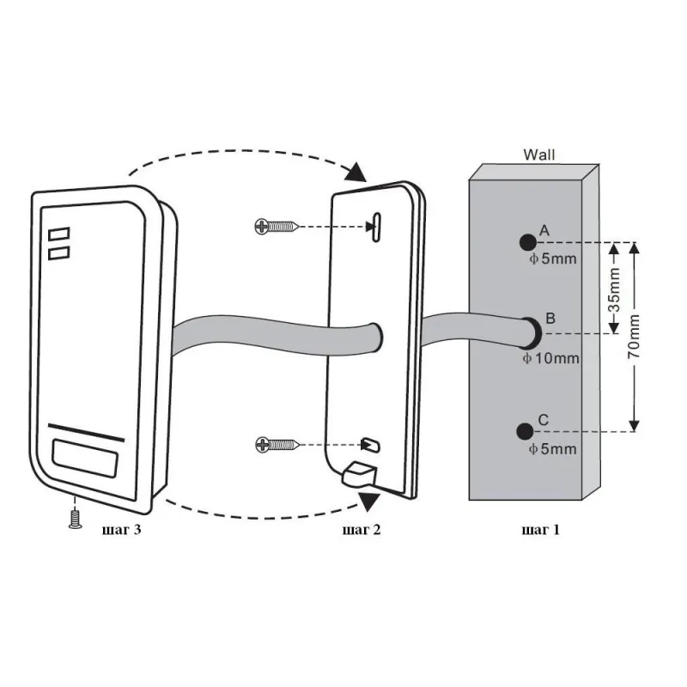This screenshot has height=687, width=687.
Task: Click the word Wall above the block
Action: click(539, 155)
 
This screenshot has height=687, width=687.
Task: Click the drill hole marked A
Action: click(527, 242)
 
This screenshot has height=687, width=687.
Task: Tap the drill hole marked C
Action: click(525, 432)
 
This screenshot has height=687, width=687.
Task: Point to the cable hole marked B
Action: click(532, 333)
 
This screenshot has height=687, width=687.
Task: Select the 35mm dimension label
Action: click(615, 289)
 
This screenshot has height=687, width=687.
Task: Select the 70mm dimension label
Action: click(634, 337)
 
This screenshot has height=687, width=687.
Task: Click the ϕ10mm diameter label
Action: click(551, 358)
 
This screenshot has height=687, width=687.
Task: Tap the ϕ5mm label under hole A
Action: click(553, 259)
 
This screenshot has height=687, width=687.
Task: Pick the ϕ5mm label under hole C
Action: click(552, 449)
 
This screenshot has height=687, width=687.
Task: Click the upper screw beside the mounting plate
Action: click(277, 227)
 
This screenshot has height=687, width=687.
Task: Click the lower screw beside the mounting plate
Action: click(277, 445)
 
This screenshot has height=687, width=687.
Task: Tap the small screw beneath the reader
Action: click(76, 519)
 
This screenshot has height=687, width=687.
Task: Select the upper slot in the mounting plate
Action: click(376, 227)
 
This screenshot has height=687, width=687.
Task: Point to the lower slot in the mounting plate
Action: click(371, 445)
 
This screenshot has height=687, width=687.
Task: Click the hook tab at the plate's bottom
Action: click(359, 475)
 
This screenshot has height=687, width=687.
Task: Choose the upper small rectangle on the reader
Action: click(59, 234)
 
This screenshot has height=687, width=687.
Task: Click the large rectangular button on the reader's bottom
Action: click(85, 458)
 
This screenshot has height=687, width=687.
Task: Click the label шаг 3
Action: click(121, 530)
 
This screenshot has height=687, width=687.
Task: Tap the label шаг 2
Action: click(362, 530)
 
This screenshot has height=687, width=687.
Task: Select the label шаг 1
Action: click(541, 530)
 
